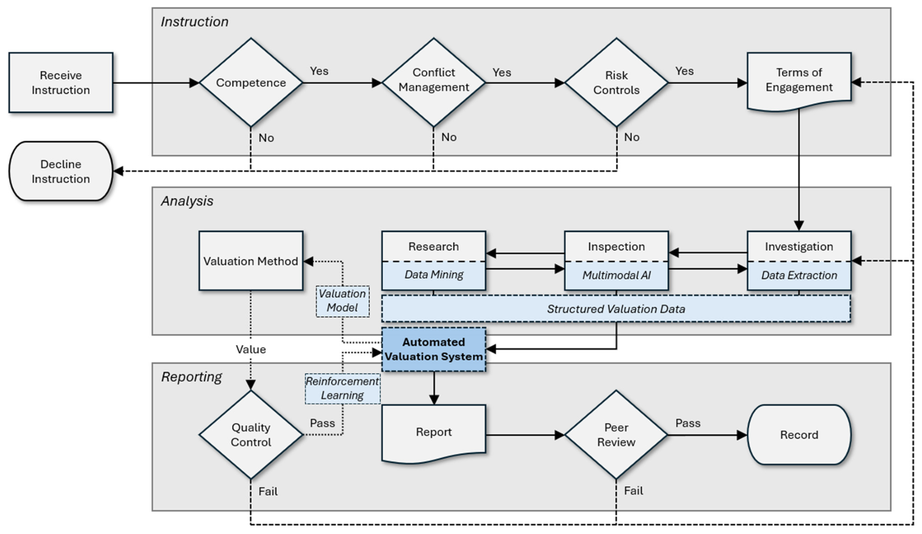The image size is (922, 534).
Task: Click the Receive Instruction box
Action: click(x=61, y=82)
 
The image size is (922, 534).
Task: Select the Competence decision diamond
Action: click(x=251, y=82)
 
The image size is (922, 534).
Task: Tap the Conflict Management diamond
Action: click(x=433, y=82)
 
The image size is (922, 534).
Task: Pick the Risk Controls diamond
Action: click(x=616, y=82)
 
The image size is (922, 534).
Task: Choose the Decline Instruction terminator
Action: click(x=61, y=171)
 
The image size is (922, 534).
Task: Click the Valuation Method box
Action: click(x=251, y=261)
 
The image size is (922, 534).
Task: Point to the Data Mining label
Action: click(x=434, y=275)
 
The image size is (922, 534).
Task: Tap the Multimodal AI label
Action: click(x=616, y=275)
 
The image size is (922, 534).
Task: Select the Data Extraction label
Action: click(x=799, y=275)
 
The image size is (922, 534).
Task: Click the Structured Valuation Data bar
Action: click(x=616, y=309)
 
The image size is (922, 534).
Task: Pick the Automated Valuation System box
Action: click(x=433, y=349)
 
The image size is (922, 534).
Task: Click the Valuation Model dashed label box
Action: click(x=343, y=301)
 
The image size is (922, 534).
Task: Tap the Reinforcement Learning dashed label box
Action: click(x=343, y=388)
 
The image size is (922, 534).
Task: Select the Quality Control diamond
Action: click(x=251, y=435)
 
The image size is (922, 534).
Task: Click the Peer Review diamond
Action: click(x=616, y=435)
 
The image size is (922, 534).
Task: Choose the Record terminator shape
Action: click(x=799, y=435)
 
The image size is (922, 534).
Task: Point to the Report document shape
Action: click(x=433, y=433)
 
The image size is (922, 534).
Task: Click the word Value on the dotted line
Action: click(x=251, y=350)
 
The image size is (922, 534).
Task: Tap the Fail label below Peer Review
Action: click(x=633, y=491)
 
